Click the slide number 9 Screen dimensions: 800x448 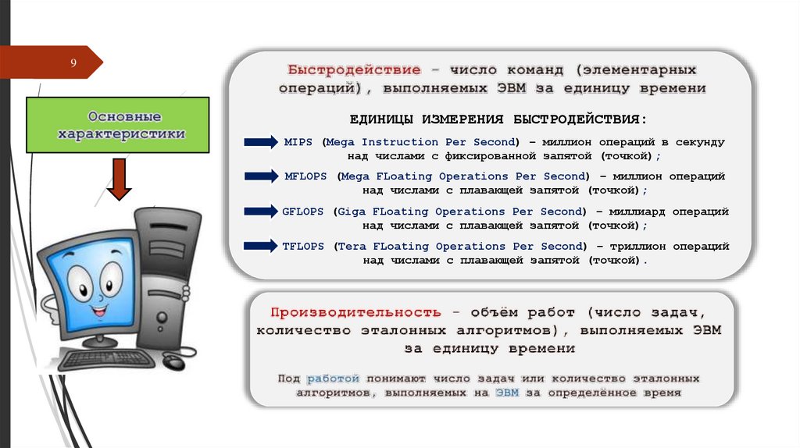(x=73, y=62)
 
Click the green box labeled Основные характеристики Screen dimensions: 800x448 (x=118, y=125)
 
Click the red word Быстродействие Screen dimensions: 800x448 (x=353, y=69)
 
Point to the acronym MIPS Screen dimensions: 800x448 (x=298, y=142)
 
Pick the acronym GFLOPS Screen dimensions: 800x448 (x=306, y=212)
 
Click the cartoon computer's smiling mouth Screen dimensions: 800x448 (x=100, y=310)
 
